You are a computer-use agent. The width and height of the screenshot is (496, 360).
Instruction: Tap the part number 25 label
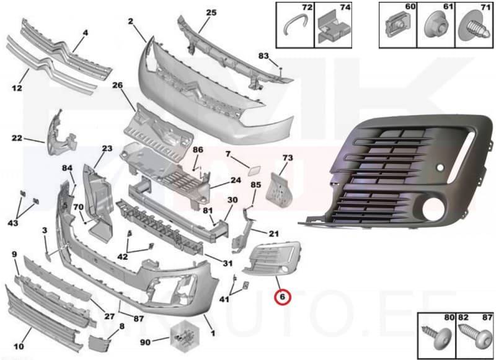pyautogui.click(x=211, y=12)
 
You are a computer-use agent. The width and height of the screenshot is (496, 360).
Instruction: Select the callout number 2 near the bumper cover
pyautogui.click(x=131, y=22)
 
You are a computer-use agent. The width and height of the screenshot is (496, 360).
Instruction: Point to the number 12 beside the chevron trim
pyautogui.click(x=17, y=89)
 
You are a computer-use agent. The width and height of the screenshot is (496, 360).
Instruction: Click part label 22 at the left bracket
pyautogui.click(x=17, y=138)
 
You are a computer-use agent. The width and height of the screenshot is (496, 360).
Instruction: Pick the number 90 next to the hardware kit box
pyautogui.click(x=145, y=342)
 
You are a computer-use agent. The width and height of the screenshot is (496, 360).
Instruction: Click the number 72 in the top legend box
pyautogui.click(x=306, y=7)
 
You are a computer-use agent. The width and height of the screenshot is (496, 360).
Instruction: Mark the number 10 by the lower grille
pyautogui.click(x=19, y=347)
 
